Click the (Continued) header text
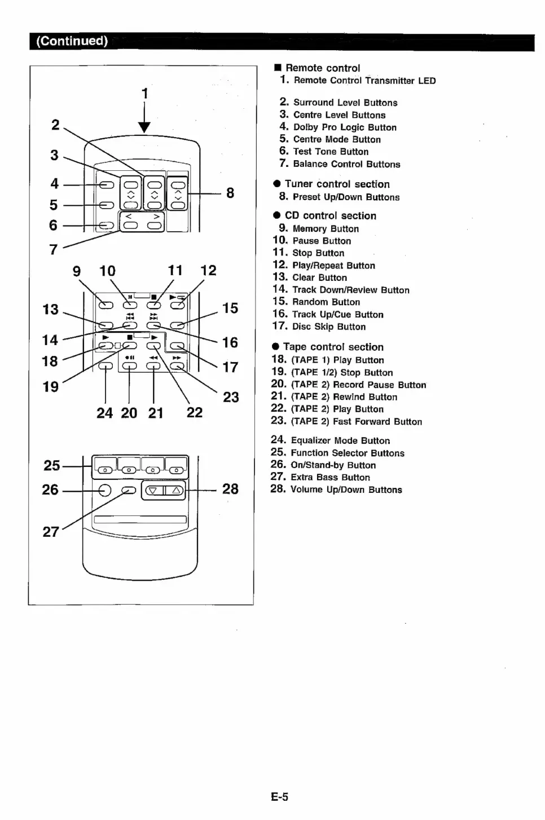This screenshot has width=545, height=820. (72, 41)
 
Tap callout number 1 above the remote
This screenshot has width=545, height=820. (145, 93)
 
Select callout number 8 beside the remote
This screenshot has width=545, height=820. (230, 193)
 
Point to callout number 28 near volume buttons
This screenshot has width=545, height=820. (230, 489)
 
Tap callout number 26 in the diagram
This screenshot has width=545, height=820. (50, 490)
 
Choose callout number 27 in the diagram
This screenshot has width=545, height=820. (51, 532)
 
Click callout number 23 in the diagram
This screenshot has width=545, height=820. (231, 397)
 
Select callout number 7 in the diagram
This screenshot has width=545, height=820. (54, 249)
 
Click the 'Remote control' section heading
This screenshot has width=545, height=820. (322, 68)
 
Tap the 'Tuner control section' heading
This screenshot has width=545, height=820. (337, 184)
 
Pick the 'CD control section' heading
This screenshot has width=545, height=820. (330, 215)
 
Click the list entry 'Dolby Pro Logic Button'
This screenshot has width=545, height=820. (344, 127)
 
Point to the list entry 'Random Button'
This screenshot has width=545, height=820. (326, 302)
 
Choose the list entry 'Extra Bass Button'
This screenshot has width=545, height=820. (330, 477)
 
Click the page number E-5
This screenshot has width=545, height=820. (279, 797)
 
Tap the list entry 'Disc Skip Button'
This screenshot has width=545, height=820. (328, 327)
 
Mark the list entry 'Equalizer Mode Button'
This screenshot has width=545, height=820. (340, 440)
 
